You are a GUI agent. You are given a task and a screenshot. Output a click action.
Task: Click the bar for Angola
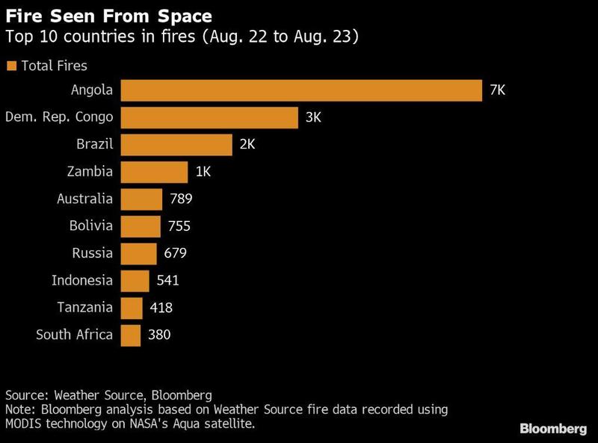coord(300,90)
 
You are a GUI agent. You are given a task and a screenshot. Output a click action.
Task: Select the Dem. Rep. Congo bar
coord(209,117)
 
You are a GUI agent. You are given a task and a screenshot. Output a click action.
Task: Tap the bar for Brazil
coord(176,145)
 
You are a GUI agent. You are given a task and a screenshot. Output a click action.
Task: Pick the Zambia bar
coord(154,172)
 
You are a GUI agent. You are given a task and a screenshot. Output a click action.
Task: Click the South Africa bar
coord(130,335)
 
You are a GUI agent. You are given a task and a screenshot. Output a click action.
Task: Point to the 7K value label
coord(498,90)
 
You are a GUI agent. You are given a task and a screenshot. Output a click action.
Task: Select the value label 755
coord(179,226)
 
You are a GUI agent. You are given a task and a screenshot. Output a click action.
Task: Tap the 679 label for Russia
coord(175,253)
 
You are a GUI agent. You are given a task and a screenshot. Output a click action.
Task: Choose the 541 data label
coord(167,281)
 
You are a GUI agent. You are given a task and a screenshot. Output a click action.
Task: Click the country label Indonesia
coord(82,281)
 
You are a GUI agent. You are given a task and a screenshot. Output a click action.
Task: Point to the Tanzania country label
coord(85,308)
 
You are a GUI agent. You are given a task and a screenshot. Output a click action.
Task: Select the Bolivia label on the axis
coord(90,226)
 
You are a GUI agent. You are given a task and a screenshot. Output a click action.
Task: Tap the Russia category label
coord(93,253)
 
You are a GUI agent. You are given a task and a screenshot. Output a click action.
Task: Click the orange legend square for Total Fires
coord(11,66)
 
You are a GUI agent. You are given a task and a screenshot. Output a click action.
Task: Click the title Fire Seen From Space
coord(108,16)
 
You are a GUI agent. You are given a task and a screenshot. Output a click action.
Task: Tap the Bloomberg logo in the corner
coord(553,429)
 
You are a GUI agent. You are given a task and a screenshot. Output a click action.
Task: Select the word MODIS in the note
coord(24,423)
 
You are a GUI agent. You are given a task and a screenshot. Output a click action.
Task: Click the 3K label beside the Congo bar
coord(315,117)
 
